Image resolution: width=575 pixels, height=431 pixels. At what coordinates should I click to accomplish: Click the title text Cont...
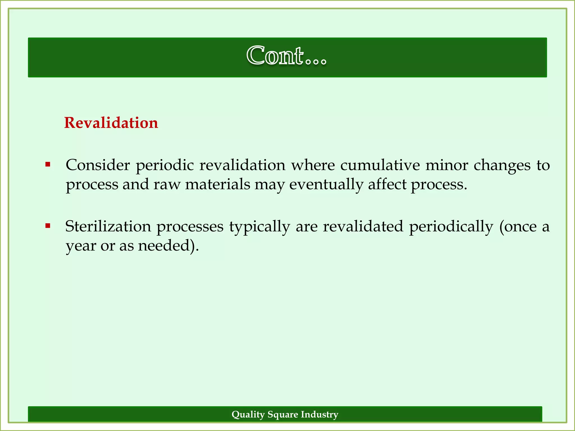tap(286, 56)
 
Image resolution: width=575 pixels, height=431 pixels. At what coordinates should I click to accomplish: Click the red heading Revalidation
tap(111, 123)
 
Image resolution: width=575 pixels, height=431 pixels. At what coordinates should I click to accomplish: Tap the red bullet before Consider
tap(48, 164)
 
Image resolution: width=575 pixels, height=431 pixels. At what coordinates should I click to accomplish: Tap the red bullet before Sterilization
tap(48, 226)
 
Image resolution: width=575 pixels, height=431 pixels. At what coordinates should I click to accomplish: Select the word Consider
tap(97, 165)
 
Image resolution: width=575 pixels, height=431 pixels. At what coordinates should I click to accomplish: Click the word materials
tap(218, 185)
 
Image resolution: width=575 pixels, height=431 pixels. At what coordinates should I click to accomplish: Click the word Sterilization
tap(108, 226)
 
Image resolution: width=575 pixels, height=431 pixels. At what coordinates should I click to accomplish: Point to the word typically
tap(259, 227)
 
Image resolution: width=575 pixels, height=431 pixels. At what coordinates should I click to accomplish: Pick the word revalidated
tap(363, 226)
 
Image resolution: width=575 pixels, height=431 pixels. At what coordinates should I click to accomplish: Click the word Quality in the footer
tap(248, 414)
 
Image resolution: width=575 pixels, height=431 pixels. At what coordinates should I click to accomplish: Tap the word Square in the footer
tap(283, 414)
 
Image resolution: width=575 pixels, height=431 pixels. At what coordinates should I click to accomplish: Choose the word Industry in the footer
tap(320, 414)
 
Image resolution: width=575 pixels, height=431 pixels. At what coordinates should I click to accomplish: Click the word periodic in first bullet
tap(165, 166)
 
